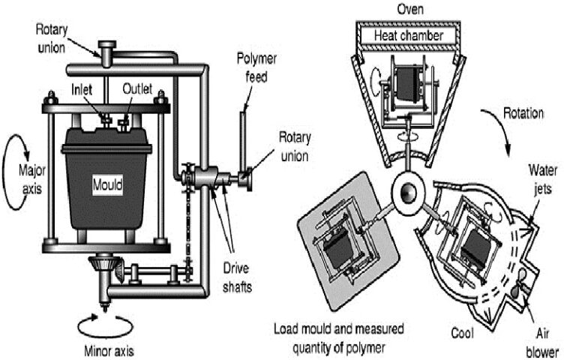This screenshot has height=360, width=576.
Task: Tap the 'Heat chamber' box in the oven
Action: click(410, 35)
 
